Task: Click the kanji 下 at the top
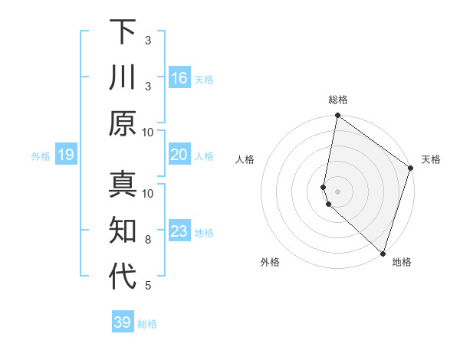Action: [x=123, y=32]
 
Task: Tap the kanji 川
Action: [x=123, y=78]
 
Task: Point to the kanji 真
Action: [x=123, y=185]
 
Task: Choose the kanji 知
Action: [x=123, y=231]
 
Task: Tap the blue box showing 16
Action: [x=179, y=78]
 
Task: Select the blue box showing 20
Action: [x=179, y=155]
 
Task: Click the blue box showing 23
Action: [x=179, y=231]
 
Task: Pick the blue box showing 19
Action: [x=66, y=155]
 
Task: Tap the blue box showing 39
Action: [x=122, y=322]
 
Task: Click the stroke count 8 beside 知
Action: [x=148, y=240]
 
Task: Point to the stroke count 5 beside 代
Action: [x=148, y=286]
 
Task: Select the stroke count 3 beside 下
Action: [x=148, y=40]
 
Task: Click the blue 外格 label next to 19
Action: [x=41, y=156]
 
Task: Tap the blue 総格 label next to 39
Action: [x=147, y=324]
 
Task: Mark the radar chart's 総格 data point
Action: [x=337, y=116]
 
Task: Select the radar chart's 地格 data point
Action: [x=383, y=253]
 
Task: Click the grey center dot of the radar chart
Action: [x=338, y=191]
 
